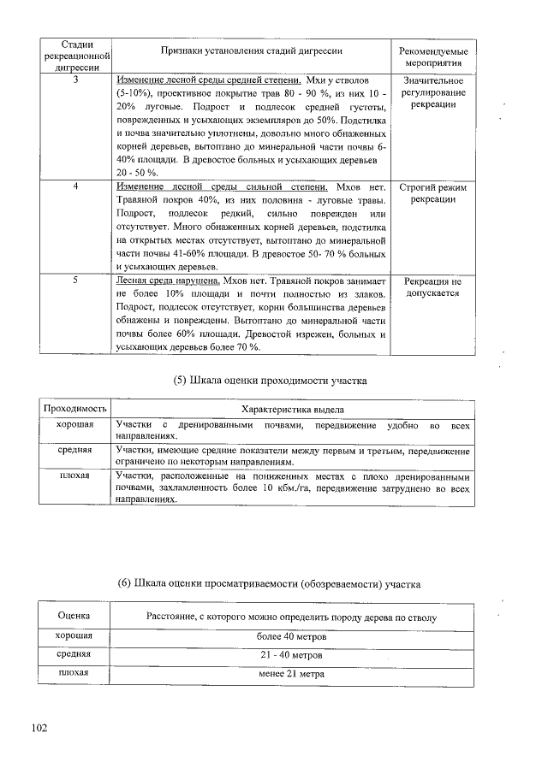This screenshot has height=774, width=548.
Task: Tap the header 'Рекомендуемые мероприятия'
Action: tap(432, 56)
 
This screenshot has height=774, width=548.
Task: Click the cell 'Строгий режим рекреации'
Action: tap(432, 192)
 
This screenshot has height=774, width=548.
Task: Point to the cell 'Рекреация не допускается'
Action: tap(432, 287)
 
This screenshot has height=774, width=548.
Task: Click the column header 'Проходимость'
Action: tap(75, 409)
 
